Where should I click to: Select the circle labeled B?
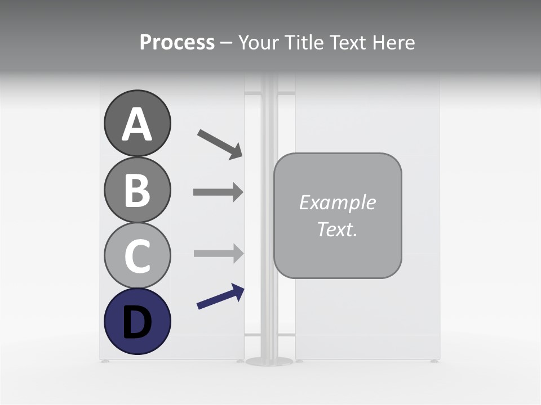[137, 190]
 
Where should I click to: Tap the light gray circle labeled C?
[137, 256]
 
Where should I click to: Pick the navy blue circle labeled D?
[137, 322]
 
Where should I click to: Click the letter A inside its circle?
[137, 124]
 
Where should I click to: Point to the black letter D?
[137, 323]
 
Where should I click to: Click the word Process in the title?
[177, 42]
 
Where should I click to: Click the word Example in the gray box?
[338, 202]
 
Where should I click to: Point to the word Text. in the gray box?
[338, 229]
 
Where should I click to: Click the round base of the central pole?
[270, 361]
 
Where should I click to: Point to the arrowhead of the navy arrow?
[238, 291]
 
